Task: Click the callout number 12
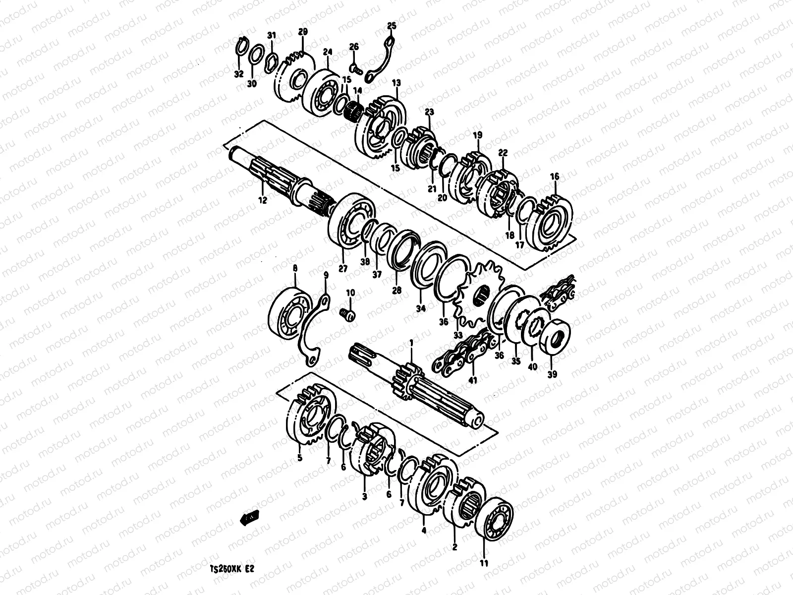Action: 262,200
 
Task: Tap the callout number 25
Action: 392,25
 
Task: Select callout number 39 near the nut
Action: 552,374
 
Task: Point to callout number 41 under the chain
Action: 473,380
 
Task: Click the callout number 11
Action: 484,563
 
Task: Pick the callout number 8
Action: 295,268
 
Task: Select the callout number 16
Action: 555,177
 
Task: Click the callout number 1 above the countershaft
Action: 410,343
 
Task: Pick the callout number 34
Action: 421,308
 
